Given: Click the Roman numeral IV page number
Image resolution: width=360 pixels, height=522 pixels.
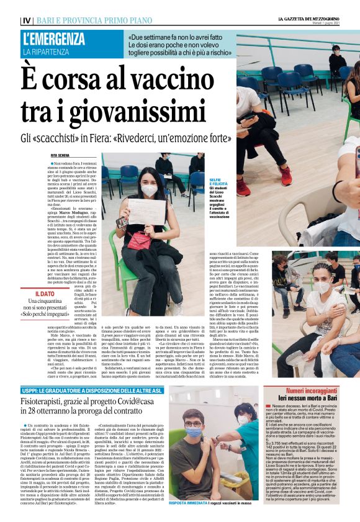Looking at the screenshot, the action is pos(27,20).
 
